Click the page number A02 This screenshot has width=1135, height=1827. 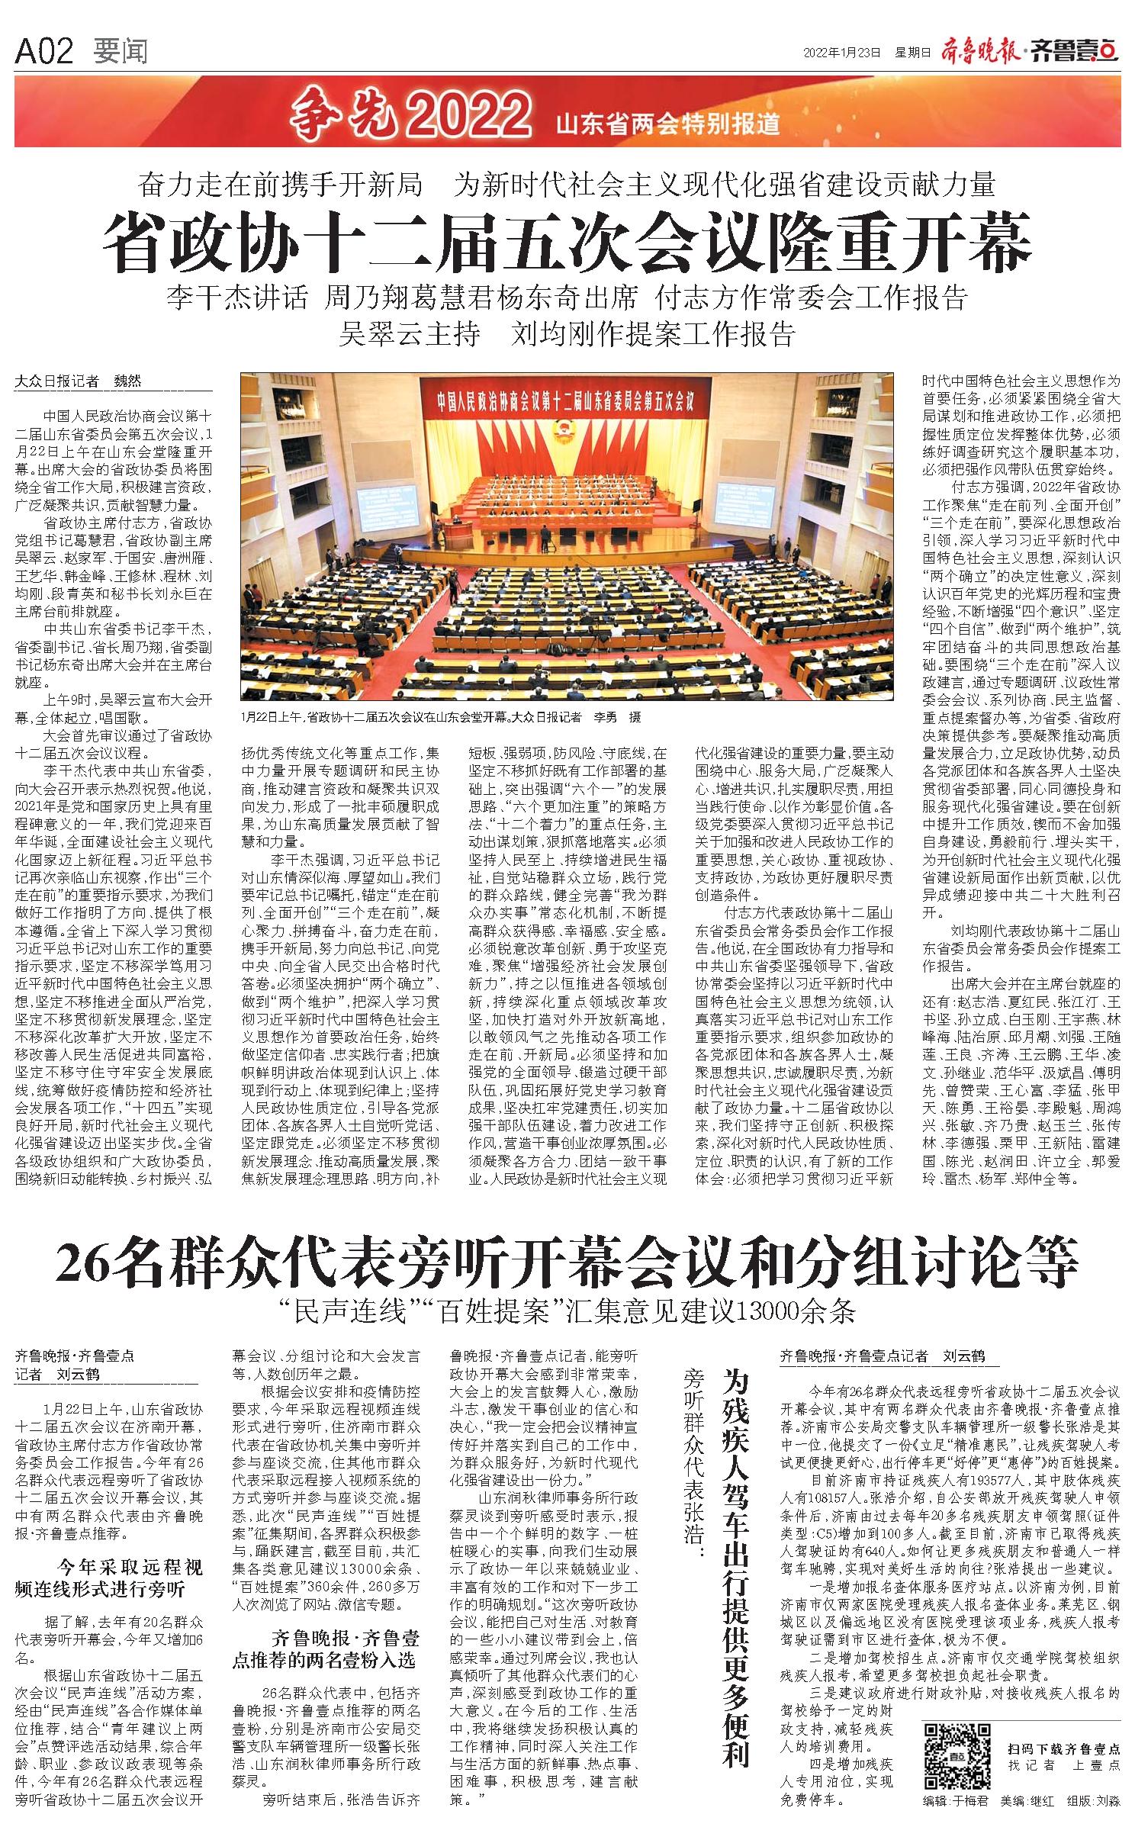pos(44,52)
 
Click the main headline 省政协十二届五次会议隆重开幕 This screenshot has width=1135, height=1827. pos(568,243)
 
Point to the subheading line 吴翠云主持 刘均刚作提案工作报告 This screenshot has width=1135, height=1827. pos(568,333)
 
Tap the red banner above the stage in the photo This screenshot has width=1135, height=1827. pos(566,399)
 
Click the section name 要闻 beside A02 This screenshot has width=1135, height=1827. pos(121,52)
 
